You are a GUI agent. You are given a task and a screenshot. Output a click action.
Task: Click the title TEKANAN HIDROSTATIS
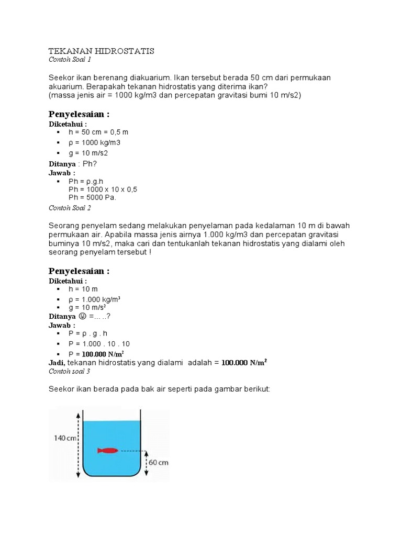click(101, 51)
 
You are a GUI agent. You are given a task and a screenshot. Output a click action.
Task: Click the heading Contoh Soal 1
click(70, 60)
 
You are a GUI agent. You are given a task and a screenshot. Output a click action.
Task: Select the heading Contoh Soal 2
click(70, 208)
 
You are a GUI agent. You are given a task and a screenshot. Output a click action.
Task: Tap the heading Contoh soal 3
click(69, 371)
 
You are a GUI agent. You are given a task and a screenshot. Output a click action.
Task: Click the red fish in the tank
click(108, 450)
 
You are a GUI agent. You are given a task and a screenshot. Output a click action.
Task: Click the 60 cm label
click(159, 463)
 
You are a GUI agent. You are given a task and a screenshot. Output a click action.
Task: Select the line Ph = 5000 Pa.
click(92, 197)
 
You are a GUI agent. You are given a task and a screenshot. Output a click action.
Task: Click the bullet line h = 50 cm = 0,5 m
click(98, 132)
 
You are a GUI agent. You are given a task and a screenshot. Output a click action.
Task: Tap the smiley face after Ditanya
click(82, 316)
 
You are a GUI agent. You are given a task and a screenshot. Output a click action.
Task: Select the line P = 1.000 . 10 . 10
click(99, 343)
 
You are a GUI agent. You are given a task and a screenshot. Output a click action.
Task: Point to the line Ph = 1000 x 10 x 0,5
click(103, 189)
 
